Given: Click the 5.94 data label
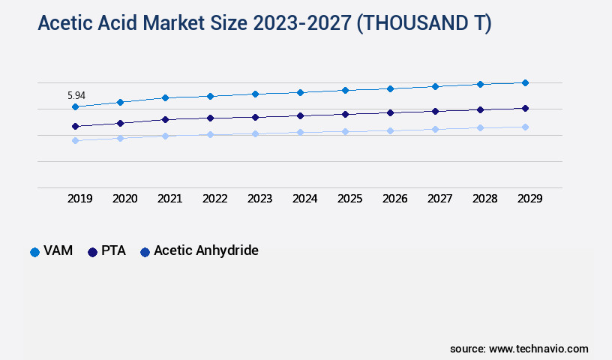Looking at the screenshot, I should tap(76, 95).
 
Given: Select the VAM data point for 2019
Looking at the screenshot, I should tap(75, 106).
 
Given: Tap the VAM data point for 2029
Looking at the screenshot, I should tap(525, 82).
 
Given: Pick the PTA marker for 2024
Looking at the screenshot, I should tap(300, 115).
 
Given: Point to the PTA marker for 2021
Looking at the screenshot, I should tap(165, 119).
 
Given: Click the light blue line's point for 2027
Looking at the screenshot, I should tap(435, 129).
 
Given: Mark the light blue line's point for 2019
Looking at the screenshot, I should tap(75, 140).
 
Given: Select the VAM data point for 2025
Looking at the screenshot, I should tap(345, 90).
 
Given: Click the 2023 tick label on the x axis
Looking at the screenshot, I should tap(259, 199).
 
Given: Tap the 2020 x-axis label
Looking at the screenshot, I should tap(124, 199).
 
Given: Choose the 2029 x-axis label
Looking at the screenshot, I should tap(529, 199).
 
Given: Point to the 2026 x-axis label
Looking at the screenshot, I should tap(394, 199).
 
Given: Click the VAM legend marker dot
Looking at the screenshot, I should tap(34, 252).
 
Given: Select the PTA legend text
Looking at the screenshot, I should tap(113, 251).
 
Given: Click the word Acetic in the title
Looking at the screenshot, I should tap(64, 24).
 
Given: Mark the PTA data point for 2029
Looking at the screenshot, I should tap(525, 108).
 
